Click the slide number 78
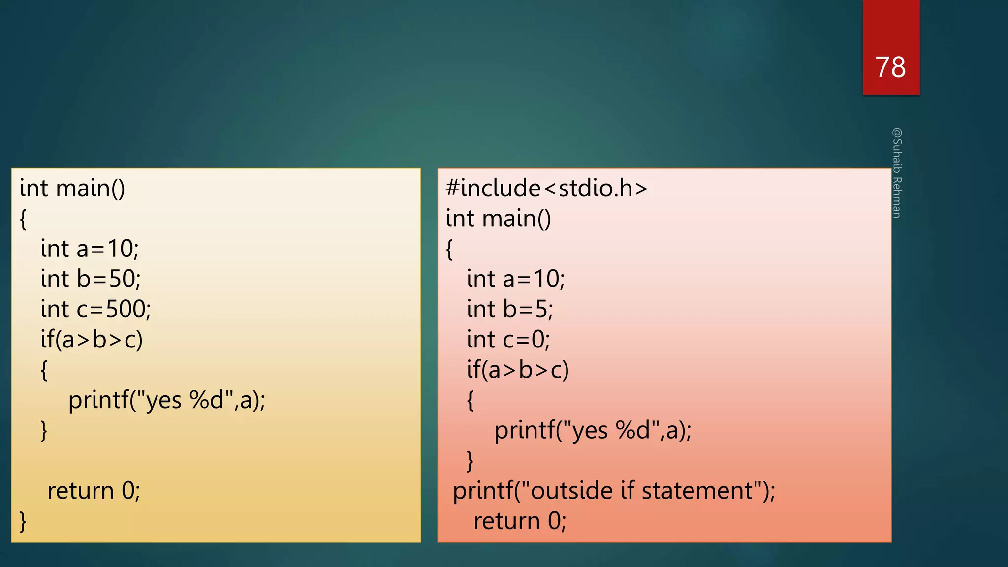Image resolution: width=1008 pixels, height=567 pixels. click(890, 67)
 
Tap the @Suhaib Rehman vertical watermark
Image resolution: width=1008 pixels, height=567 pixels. click(897, 173)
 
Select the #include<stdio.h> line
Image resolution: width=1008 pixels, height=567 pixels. click(546, 189)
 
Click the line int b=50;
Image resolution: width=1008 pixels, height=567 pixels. click(91, 279)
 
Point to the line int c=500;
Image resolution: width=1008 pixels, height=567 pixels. click(96, 310)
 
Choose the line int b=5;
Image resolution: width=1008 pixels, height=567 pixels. click(510, 310)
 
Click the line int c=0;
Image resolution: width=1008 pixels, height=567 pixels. click(508, 340)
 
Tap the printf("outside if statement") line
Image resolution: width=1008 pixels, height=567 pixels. click(614, 491)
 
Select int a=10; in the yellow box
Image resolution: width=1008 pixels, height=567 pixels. click(90, 249)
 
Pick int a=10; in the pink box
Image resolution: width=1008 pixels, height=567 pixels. click(516, 279)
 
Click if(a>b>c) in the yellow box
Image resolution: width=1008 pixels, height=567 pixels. click(92, 340)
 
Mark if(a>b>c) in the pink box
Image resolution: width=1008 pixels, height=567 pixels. click(518, 370)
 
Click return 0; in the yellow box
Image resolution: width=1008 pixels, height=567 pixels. click(94, 491)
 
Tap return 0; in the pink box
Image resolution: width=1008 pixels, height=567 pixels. click(520, 521)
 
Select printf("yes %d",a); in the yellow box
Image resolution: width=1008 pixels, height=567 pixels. click(167, 400)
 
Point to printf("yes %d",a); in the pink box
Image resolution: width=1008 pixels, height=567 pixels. click(593, 431)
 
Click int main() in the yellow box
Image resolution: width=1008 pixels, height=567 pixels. click(72, 189)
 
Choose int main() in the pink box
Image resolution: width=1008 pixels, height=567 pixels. click(499, 219)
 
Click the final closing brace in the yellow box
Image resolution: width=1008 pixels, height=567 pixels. click(23, 521)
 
